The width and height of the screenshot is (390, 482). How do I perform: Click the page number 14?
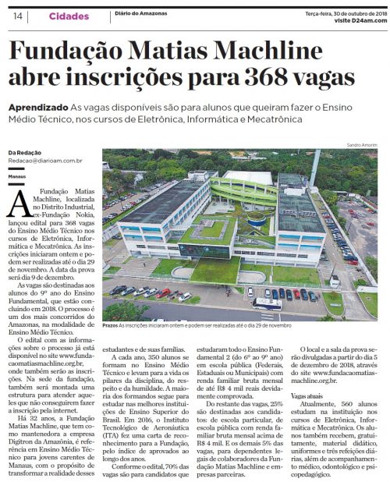coord(16,16)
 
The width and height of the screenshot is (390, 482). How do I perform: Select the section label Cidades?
coord(62,16)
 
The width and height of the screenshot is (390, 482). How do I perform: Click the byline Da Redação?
coord(25,152)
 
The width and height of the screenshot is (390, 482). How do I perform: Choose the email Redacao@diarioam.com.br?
coord(42,161)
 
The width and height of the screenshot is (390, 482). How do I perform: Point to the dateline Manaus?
coord(17,177)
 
